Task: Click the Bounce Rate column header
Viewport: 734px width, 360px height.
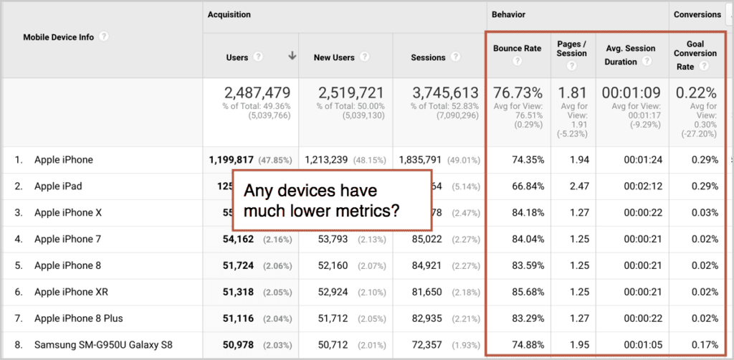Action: pos(518,48)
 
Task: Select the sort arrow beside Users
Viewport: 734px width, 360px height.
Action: pos(292,56)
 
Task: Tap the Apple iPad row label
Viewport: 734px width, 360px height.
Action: pos(58,186)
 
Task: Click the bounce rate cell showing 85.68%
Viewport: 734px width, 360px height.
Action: pos(528,292)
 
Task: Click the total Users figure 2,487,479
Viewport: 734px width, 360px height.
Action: pos(257,93)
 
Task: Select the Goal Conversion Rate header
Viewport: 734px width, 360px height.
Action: pos(695,53)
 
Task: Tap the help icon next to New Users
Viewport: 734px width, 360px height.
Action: pos(364,57)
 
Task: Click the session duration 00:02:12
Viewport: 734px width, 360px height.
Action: pos(643,186)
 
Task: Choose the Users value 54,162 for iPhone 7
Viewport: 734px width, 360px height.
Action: pos(238,240)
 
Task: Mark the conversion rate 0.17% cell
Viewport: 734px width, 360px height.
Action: pos(705,346)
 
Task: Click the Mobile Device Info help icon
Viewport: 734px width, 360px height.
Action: pos(103,36)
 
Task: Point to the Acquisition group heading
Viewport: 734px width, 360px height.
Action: pos(229,14)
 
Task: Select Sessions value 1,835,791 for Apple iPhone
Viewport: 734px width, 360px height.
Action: pos(421,160)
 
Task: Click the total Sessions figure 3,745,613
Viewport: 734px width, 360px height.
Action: pos(444,93)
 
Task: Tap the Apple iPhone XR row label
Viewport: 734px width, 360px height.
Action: pos(67,292)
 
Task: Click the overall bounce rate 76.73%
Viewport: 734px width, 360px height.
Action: pos(518,93)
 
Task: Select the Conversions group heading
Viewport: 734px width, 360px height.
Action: pos(697,14)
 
